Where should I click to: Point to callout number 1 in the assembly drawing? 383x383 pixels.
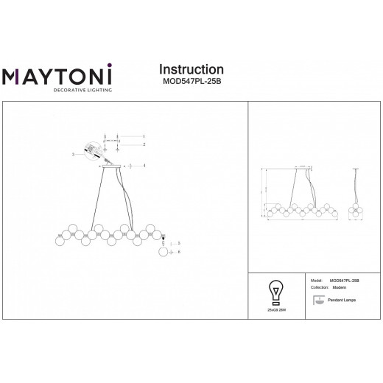pos(144,136)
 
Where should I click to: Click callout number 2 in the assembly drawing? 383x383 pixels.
pos(144,144)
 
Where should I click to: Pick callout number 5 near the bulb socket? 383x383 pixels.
pos(178,242)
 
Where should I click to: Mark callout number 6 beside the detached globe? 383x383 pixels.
pos(179,252)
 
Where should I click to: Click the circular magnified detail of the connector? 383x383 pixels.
pos(93,150)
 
